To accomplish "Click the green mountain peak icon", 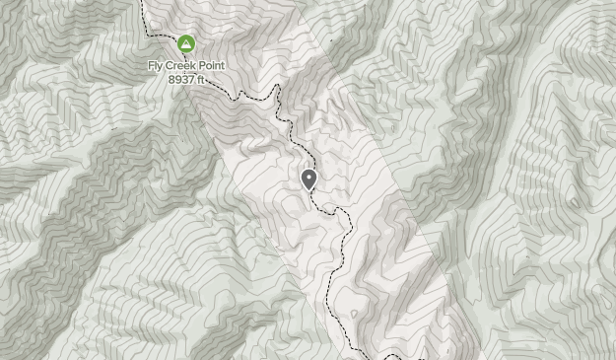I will click(186, 44).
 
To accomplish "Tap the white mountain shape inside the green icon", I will click(186, 44).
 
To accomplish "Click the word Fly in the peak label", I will click(157, 66).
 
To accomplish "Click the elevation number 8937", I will click(180, 79).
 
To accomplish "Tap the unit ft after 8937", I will click(200, 79).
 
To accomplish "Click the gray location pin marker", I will click(308, 179).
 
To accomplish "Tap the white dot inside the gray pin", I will click(308, 177).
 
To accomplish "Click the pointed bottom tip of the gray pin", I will click(308, 190).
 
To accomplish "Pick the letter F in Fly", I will click(151, 66).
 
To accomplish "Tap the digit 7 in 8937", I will click(191, 79).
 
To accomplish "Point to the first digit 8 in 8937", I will click(171, 79).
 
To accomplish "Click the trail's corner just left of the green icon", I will click(151, 35).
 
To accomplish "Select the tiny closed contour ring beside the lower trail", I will click(355, 316).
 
